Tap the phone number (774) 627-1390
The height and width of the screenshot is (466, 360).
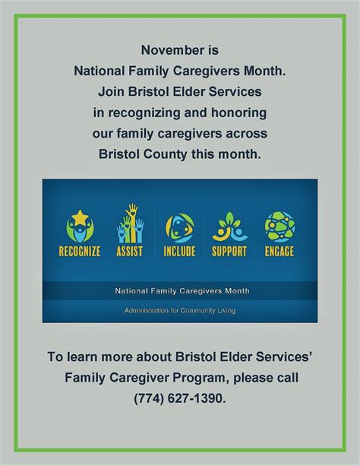tap(180, 398)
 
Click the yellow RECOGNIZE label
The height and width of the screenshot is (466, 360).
tap(80, 251)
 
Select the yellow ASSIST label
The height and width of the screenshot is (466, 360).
tap(130, 251)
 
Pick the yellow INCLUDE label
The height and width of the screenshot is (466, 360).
tap(179, 251)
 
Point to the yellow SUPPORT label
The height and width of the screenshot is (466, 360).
tap(229, 251)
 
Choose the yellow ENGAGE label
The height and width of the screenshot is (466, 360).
tap(279, 251)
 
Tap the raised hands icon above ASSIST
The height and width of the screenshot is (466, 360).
tap(131, 223)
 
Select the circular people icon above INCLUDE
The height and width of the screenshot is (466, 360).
tap(180, 228)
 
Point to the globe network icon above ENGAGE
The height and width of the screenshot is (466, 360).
tap(279, 227)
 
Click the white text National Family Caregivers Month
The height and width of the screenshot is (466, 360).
tap(182, 290)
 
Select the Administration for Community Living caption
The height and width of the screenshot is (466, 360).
tap(180, 311)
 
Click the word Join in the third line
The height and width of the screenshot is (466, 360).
tap(111, 92)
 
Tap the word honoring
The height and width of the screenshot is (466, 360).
tap(238, 113)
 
